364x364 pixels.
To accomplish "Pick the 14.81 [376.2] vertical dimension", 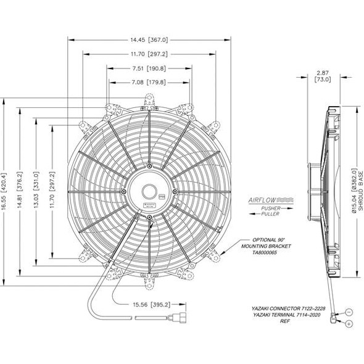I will point(20,191).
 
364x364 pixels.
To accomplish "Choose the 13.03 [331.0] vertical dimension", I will point(36,191).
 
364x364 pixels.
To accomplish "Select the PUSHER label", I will point(271,209).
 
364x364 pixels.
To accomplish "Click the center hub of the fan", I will point(150,191).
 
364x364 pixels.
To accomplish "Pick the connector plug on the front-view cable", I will point(170,320).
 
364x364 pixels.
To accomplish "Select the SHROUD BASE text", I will point(360,191).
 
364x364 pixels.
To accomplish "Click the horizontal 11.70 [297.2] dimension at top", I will point(150,54).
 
